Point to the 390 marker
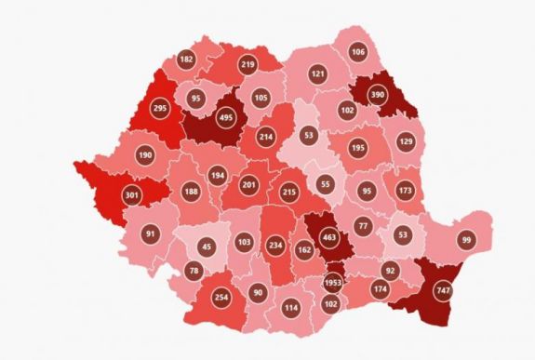379,96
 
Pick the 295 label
159,109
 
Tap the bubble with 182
186,60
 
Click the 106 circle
358,51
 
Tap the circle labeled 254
221,297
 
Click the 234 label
274,245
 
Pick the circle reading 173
404,191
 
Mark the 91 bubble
151,234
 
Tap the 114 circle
290,308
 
